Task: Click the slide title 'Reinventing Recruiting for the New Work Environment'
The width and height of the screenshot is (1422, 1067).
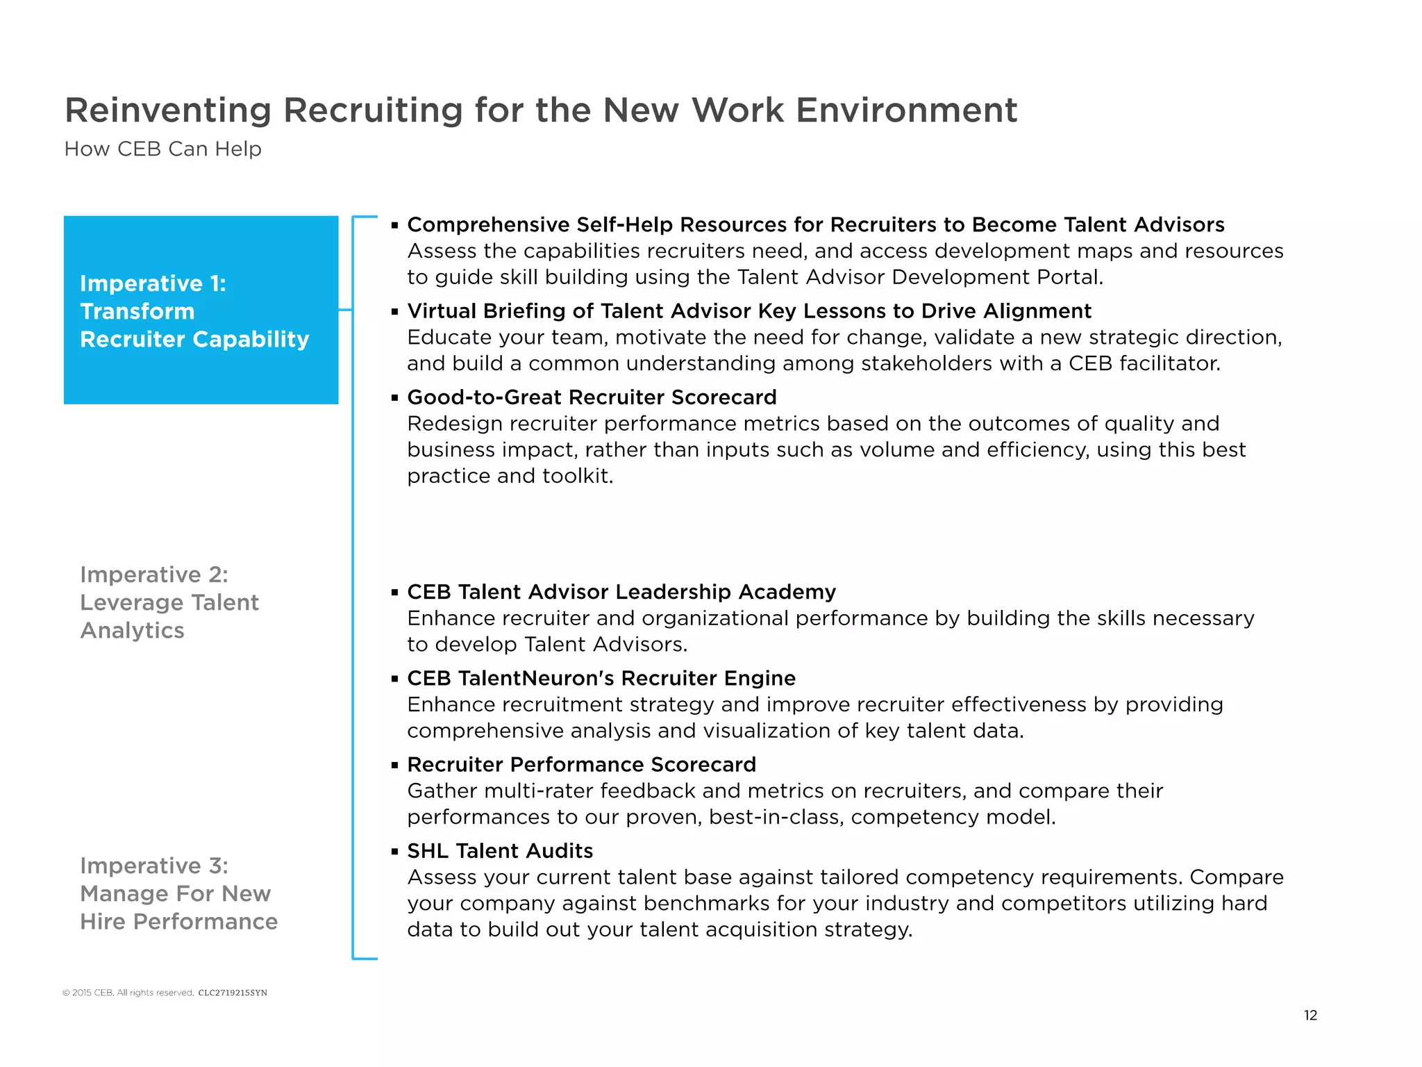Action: (540, 110)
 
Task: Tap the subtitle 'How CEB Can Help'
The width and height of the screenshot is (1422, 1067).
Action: (162, 149)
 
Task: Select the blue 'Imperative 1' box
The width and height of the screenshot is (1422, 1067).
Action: (201, 310)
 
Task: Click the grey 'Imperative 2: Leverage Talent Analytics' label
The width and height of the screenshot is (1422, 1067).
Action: (169, 602)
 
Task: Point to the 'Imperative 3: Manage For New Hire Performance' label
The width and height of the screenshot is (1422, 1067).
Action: (178, 893)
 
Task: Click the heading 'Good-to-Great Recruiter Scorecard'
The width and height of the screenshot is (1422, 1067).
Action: (592, 397)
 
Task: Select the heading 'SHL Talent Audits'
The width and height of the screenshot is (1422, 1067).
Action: (500, 851)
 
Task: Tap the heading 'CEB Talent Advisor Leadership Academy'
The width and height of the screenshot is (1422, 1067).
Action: (621, 592)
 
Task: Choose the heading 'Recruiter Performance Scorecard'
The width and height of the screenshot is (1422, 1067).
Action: (581, 765)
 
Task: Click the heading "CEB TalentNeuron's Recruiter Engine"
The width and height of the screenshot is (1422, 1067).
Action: (601, 678)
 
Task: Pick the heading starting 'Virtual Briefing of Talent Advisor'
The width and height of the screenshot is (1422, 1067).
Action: (749, 311)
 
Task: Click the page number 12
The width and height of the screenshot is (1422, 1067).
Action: (1310, 1016)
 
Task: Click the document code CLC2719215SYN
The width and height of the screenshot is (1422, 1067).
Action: (233, 993)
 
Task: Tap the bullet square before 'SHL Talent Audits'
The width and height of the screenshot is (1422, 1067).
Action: (394, 851)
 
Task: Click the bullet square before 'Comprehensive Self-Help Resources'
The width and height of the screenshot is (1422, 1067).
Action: (394, 225)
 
